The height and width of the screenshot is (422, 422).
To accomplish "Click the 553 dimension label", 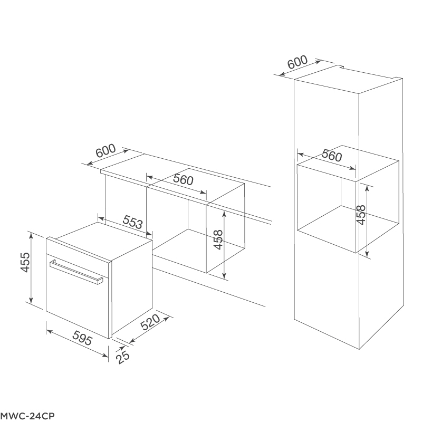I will click(133, 223).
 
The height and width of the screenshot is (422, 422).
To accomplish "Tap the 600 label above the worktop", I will click(105, 152).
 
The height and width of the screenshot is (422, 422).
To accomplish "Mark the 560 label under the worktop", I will click(183, 179).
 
